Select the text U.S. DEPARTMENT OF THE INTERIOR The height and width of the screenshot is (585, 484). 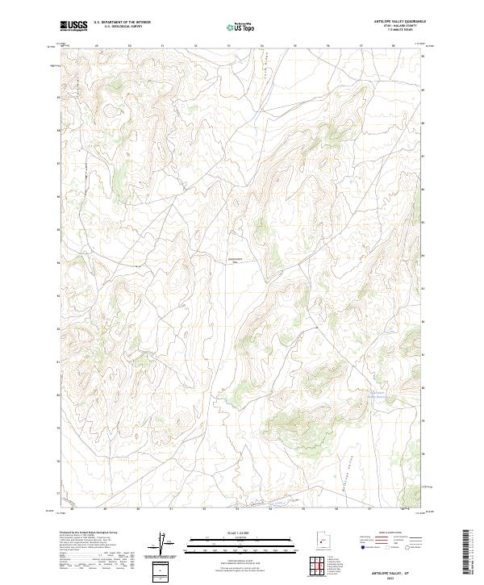pos(122,23)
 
